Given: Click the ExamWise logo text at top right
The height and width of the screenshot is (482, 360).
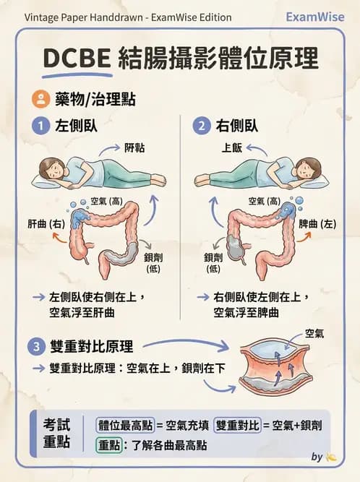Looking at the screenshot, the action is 315,17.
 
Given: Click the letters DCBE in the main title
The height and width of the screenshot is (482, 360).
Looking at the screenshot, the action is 77,58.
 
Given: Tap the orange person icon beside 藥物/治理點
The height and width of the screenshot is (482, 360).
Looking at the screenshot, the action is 40,99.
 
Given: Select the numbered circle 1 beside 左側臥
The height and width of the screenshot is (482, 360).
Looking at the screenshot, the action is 40,126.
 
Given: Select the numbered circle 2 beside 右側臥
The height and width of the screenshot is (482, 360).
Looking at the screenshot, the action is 202,126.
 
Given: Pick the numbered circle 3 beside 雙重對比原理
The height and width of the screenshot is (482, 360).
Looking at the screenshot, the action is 37,346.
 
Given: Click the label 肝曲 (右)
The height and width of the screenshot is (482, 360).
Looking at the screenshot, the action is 46,223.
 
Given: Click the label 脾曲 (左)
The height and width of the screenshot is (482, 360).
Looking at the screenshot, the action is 317,223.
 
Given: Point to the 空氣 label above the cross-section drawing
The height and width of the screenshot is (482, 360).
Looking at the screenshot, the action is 314,333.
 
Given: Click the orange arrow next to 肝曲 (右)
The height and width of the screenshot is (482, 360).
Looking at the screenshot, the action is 60,237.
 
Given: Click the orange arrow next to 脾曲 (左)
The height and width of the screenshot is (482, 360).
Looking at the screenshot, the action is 304,237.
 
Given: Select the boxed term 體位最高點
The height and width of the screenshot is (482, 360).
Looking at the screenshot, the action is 125,426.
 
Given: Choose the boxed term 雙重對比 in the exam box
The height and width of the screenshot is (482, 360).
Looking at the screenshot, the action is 237,426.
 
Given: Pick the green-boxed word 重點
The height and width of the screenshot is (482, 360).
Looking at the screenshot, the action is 109,445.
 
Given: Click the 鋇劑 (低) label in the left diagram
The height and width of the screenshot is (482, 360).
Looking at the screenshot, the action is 153,263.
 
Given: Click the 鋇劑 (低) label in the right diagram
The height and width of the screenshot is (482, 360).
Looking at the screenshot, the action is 213,263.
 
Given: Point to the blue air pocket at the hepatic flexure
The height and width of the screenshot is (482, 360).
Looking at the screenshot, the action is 79,218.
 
